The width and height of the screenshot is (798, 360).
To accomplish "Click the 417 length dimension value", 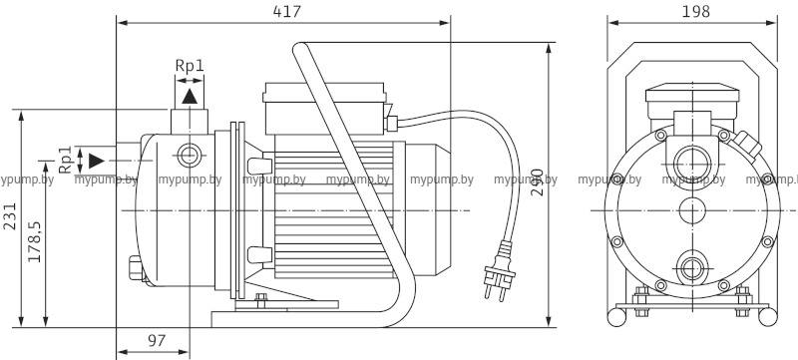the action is coord(287,11).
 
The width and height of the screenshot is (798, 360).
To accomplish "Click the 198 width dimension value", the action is coord(695,11).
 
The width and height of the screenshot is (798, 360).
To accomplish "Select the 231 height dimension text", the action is coord(10,216).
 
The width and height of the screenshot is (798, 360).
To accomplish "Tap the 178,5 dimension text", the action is coord(35,241).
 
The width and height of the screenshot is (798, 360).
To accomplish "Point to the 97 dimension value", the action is coord(157,341).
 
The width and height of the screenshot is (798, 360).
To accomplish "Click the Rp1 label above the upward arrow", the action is coord(190,65).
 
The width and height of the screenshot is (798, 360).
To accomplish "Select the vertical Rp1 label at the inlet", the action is coord(65,160).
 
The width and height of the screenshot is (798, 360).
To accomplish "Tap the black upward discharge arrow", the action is coord(190,96).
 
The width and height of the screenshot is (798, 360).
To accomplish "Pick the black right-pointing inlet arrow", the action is coord(97,161).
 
